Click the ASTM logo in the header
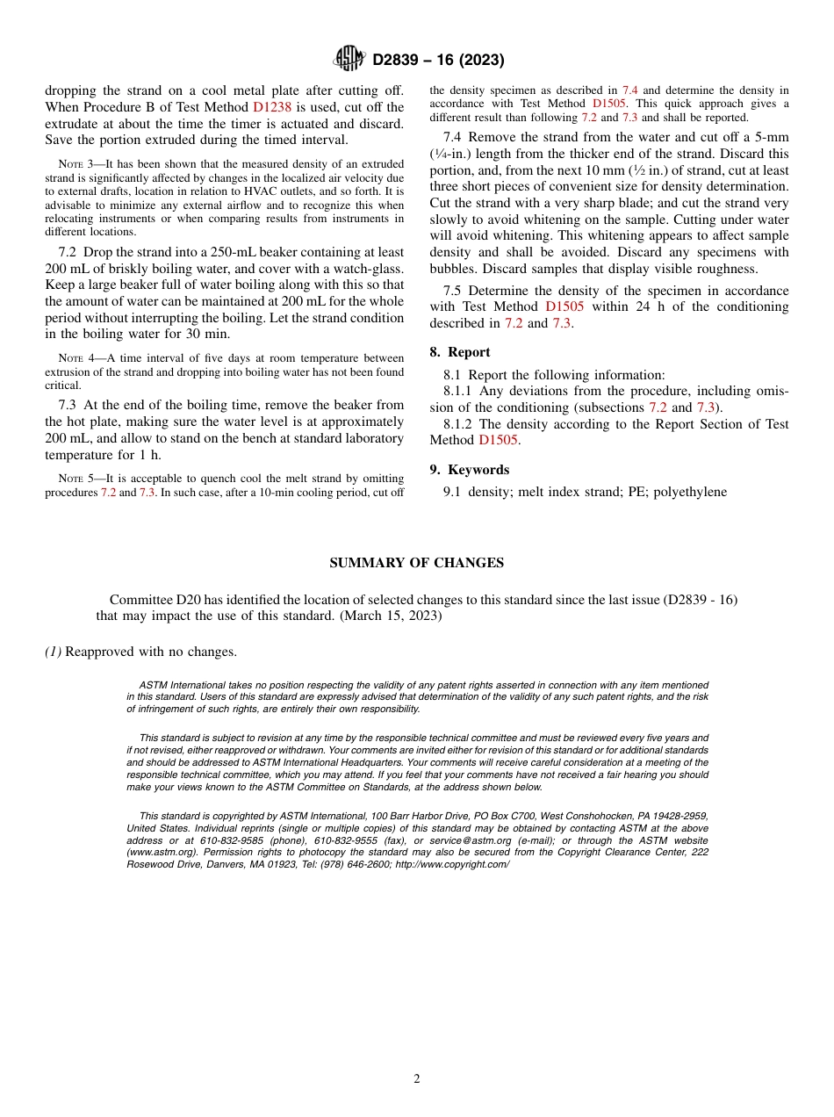click(x=349, y=59)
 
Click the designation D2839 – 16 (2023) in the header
click(x=437, y=60)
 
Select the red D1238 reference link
click(x=271, y=107)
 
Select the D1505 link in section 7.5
click(x=564, y=307)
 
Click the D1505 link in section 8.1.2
click(x=498, y=440)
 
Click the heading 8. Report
click(x=460, y=352)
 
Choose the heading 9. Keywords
click(x=469, y=470)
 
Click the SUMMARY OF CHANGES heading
click(x=416, y=563)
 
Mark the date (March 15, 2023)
click(x=390, y=616)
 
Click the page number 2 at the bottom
click(x=417, y=1079)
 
